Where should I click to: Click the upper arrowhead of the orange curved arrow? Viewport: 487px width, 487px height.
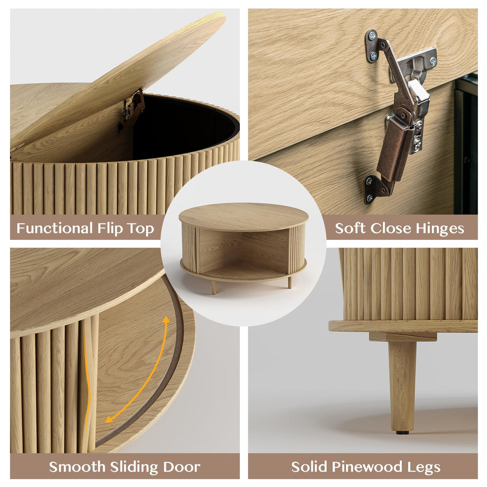[x=166, y=320]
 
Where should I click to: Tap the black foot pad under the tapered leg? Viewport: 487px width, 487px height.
[x=402, y=433]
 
